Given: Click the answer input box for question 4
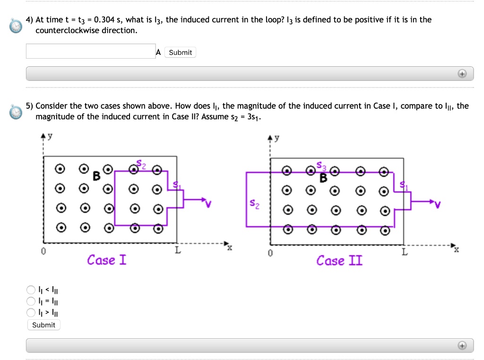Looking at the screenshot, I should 90,52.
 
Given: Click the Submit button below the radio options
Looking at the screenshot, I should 43,325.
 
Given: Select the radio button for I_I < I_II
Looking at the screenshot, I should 31,290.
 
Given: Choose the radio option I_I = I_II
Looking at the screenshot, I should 31,301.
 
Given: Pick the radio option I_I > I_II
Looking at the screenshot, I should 31,313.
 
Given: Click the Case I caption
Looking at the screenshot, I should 107,260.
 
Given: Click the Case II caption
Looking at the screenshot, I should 339,261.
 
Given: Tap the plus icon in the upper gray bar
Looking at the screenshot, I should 462,74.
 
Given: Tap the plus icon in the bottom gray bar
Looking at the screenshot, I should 462,346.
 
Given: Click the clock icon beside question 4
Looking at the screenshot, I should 16,25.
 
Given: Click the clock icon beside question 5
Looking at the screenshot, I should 16,112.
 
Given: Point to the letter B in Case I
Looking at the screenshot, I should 96,176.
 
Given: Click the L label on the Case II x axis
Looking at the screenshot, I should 405,252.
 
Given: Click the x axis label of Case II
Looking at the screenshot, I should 456,249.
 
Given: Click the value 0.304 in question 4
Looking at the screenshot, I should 104,20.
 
